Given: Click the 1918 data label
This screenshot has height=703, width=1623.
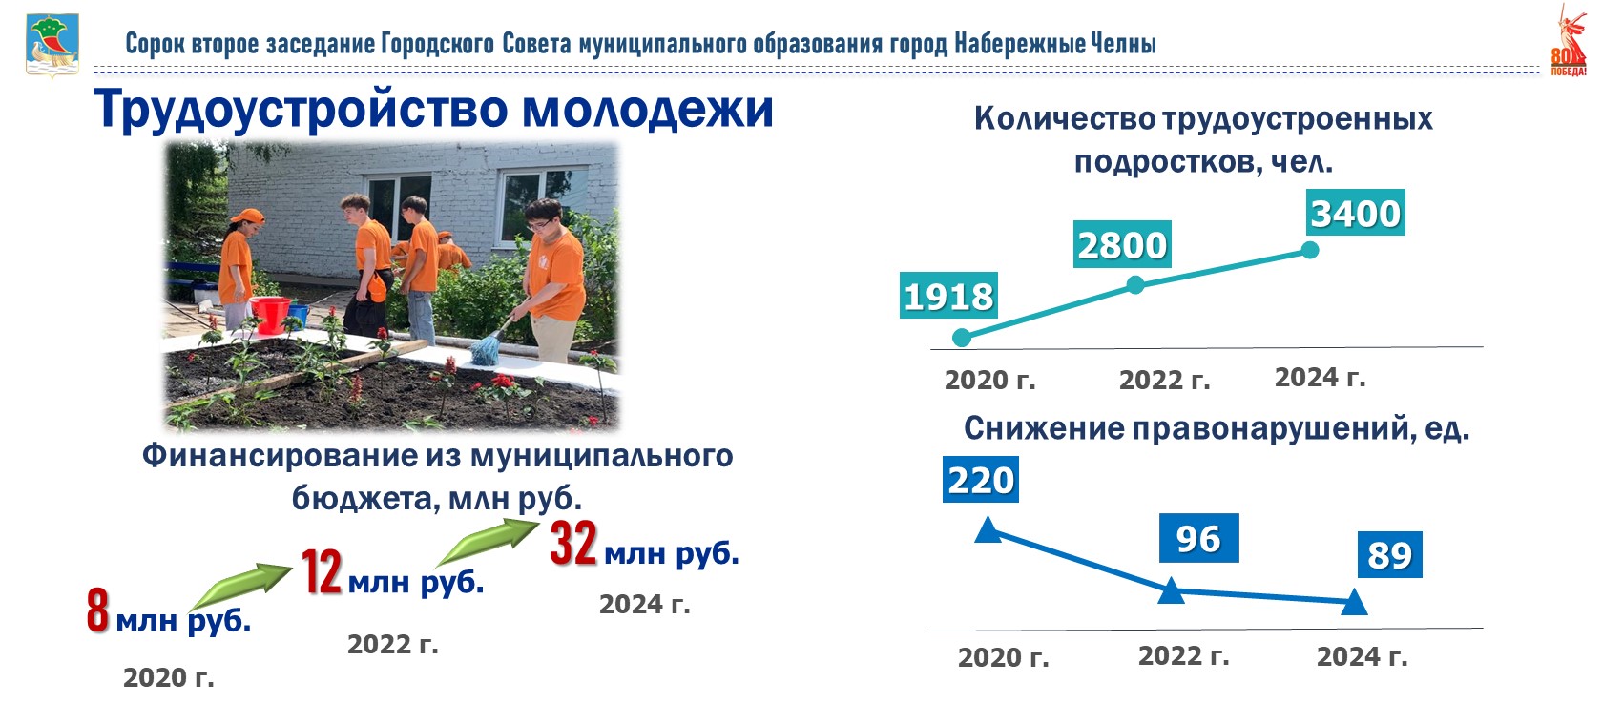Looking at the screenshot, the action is point(948,296).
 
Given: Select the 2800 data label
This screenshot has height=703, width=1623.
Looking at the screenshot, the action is point(1122,244).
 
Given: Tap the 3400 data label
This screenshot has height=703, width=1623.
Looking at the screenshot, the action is point(1356,212).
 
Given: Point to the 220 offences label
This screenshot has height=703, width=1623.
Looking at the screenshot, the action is point(980,479).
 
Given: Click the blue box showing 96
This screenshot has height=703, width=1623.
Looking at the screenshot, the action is point(1199,538).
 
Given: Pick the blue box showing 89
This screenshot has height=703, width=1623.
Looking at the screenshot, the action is point(1389,554).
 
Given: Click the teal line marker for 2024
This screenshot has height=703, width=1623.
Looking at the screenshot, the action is point(1310,251).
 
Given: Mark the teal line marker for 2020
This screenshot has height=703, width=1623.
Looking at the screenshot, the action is point(962,338).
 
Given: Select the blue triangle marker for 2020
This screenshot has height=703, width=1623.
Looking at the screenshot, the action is point(988,530).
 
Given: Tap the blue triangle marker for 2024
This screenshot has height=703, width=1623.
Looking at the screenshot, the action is point(1354,602).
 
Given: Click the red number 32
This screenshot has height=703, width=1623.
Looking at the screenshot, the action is point(573,543).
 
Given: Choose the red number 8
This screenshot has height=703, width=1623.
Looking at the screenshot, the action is point(98,610).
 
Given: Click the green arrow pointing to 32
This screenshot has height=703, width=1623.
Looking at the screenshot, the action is point(489,542).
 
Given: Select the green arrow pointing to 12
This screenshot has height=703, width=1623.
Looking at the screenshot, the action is point(241,587).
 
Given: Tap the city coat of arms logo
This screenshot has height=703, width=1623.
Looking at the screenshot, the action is point(52,45).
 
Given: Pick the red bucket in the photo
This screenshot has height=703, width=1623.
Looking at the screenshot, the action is point(270,314).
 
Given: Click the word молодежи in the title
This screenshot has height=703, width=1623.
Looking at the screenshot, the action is point(648,110).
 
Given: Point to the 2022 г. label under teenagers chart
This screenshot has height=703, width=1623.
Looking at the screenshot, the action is point(1164,380).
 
